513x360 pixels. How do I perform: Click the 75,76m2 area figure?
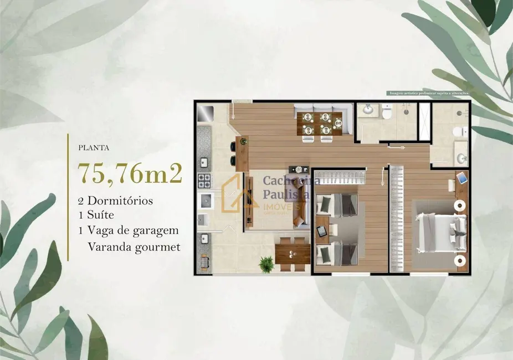click(x=131, y=173)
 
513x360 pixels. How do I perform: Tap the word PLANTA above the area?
click(x=93, y=148)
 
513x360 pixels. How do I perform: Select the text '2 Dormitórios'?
click(x=116, y=200)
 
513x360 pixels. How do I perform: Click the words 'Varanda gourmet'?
click(x=134, y=247)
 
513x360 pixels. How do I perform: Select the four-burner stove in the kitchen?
click(x=204, y=181)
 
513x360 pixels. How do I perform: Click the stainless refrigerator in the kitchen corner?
click(x=205, y=114)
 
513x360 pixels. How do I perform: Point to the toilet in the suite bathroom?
click(x=459, y=132)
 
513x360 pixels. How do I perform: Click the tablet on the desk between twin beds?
click(x=321, y=231)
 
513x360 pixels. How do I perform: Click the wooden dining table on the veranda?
click(x=292, y=254)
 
